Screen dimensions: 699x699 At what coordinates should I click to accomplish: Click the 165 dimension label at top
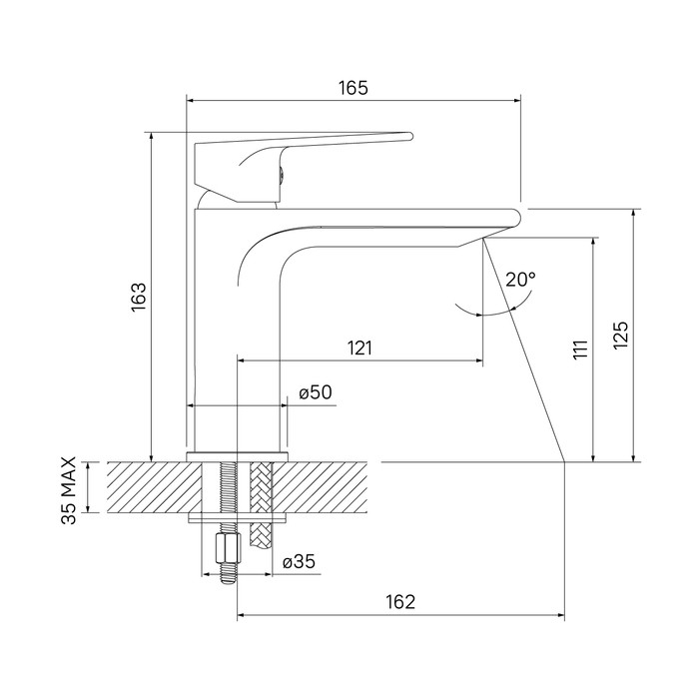(x=353, y=88)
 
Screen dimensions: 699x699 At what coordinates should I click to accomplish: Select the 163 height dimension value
(x=139, y=298)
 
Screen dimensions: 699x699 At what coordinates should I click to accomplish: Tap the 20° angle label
(x=520, y=280)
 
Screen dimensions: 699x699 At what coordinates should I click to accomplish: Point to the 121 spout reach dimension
(x=359, y=348)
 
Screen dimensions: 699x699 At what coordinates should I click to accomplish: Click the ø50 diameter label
(x=316, y=392)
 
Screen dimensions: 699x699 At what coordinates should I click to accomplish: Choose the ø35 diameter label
(x=299, y=561)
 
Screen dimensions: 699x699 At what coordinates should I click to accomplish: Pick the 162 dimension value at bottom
(x=400, y=602)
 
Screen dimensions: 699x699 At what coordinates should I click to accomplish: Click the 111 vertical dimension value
(x=581, y=349)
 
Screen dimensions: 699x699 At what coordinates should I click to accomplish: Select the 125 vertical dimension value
(x=621, y=335)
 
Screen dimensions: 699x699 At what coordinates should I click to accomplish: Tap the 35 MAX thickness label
(x=69, y=490)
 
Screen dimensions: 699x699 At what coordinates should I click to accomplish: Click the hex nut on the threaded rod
(x=229, y=549)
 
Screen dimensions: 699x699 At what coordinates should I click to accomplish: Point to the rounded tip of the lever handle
(x=409, y=136)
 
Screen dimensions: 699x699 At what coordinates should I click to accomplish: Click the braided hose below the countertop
(x=262, y=503)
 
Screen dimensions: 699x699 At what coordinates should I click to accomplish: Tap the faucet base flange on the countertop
(x=238, y=456)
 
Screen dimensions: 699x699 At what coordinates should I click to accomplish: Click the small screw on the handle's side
(x=281, y=174)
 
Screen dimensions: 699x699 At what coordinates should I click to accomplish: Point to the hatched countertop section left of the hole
(x=155, y=487)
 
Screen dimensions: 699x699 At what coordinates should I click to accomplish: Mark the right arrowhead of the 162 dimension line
(x=561, y=616)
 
